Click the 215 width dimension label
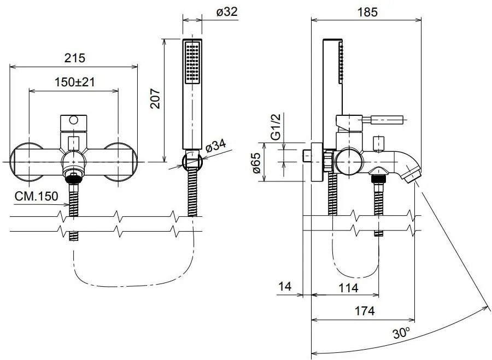[75, 58]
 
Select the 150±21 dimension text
[74, 82]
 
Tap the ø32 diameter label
[227, 12]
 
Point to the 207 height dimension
[155, 98]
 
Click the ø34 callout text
[216, 147]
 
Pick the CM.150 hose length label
[37, 196]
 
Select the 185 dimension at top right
[367, 12]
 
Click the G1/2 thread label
[275, 126]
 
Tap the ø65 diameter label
[256, 163]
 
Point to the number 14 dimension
[285, 286]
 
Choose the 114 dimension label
[348, 287]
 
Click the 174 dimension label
[365, 311]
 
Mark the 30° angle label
[401, 333]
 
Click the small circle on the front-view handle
[74, 120]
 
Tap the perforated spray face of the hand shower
[192, 63]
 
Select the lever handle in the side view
[383, 120]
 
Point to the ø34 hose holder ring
[192, 161]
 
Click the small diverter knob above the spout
[379, 144]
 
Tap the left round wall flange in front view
[28, 162]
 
